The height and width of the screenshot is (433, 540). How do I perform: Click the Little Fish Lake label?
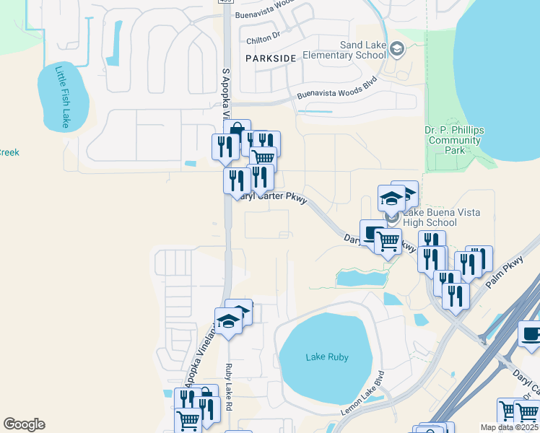tap(62, 97)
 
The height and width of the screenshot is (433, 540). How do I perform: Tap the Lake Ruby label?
tap(326, 357)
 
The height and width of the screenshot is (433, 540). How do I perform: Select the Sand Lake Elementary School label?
tap(344, 50)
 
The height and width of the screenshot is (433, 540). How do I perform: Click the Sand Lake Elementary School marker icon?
tap(396, 49)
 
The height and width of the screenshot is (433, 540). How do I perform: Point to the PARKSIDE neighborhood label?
tap(271, 58)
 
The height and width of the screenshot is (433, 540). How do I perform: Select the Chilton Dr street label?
tap(263, 42)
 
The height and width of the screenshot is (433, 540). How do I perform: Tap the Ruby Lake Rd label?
tap(230, 383)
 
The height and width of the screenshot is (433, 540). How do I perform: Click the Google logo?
tap(24, 424)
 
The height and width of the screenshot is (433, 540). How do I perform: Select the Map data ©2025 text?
tap(509, 427)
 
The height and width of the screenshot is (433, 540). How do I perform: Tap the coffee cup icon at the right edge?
tap(531, 335)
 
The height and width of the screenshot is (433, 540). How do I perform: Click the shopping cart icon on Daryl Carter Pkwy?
tap(388, 242)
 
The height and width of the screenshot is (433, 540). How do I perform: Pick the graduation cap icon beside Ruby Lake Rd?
tap(228, 321)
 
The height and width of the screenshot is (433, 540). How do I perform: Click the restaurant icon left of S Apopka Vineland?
tap(225, 146)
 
